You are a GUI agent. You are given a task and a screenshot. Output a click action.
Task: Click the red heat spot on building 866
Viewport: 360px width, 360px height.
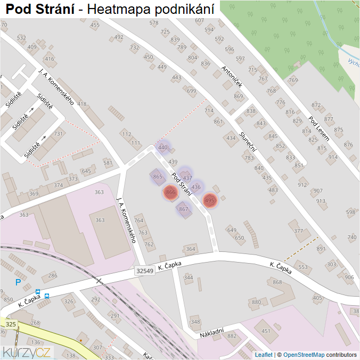point(170,192)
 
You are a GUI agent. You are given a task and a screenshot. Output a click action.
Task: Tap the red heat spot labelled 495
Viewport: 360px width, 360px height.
point(210,201)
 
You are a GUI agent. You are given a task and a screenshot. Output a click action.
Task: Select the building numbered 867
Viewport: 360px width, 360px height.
point(184,209)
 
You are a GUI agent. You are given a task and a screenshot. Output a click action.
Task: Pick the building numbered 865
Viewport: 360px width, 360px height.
point(157,176)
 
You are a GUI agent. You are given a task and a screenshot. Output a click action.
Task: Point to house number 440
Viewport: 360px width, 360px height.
point(163,148)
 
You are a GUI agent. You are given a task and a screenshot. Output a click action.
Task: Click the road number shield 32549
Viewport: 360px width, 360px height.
point(145,271)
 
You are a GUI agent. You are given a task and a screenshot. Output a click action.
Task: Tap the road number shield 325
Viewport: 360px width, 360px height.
point(11,324)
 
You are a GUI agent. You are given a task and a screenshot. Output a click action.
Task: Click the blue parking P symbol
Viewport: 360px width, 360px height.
point(18,282)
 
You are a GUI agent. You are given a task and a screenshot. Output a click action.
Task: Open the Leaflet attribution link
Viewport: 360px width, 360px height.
point(264,355)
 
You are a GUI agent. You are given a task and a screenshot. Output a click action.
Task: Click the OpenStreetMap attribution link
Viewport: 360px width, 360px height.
point(304,355)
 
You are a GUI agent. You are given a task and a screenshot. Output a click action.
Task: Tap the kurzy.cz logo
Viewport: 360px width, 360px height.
point(27,352)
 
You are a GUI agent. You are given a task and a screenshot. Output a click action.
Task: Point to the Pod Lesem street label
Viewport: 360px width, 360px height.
point(319,128)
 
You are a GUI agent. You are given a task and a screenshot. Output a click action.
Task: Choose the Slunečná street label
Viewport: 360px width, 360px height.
point(248,142)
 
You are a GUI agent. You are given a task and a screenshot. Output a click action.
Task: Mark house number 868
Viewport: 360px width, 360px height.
point(277,282)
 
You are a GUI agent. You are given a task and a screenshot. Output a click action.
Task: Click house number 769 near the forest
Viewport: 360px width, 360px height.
point(293,80)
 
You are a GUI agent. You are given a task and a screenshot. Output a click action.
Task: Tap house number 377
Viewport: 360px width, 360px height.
point(298,231)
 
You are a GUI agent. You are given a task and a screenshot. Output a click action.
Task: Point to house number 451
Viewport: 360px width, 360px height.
point(266,331)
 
